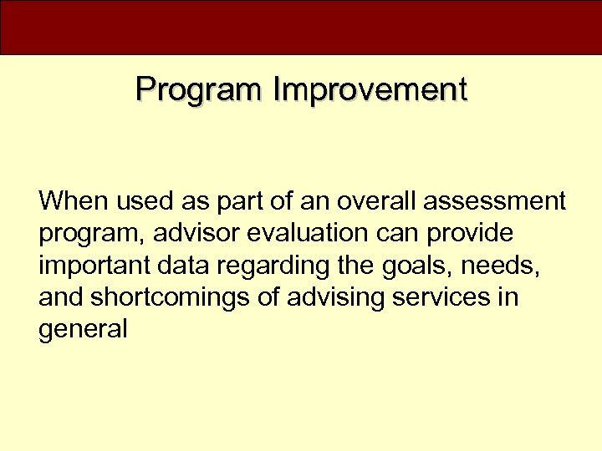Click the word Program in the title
point(198,89)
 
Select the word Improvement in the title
point(369,89)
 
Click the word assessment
point(495,201)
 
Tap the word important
point(90,266)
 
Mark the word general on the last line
point(83,329)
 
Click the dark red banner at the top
point(301,27)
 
